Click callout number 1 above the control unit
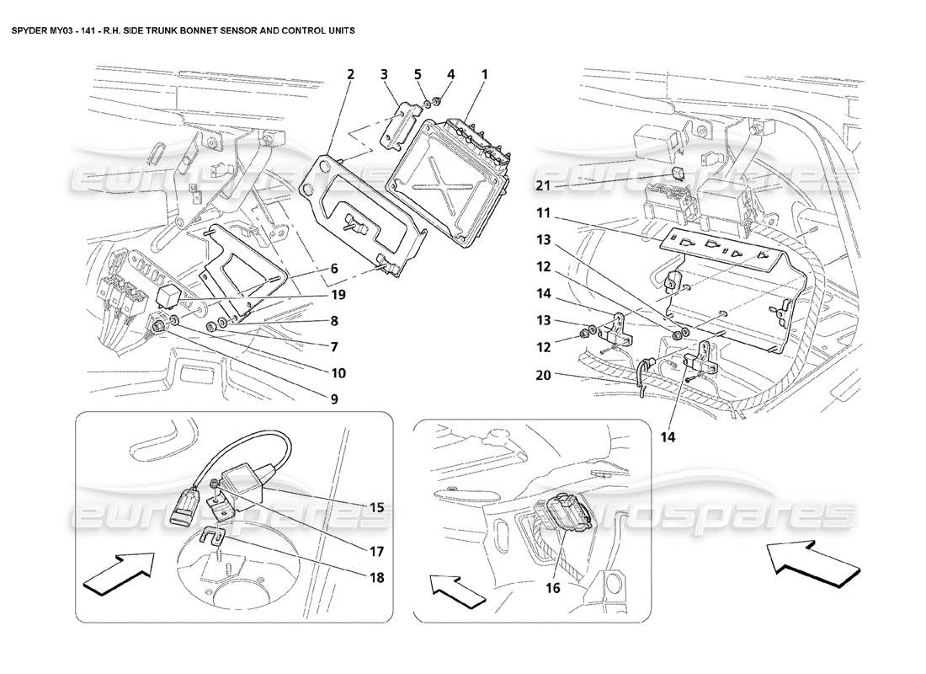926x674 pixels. point(484,74)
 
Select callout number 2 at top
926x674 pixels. point(349,74)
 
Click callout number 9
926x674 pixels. point(334,399)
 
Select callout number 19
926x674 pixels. point(338,296)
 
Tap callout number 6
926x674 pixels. point(334,268)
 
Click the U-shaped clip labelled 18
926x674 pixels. point(216,536)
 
